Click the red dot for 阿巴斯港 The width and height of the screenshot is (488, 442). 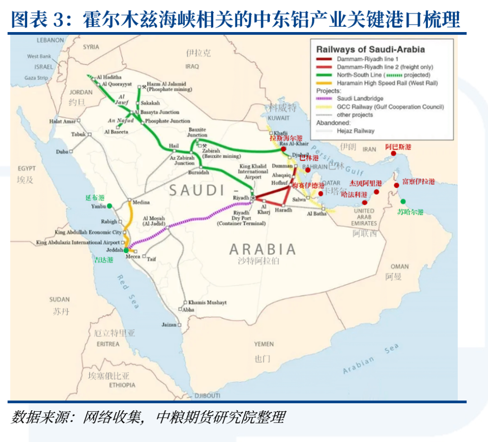(393, 154)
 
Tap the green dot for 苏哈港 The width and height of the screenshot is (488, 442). (403, 202)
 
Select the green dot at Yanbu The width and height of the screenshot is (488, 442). (109, 206)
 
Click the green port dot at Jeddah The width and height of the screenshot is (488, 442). (126, 250)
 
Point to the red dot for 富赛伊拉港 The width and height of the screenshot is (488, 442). (396, 185)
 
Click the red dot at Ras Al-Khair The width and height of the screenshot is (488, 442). (283, 149)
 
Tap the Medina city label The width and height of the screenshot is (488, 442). (141, 202)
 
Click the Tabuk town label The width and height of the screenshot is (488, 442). (78, 134)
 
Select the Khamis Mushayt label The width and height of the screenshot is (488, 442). (207, 302)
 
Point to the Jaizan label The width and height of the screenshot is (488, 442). (169, 324)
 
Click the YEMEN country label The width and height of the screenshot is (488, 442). (263, 344)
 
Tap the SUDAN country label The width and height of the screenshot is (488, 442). (59, 299)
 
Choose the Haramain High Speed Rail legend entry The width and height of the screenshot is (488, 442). (387, 83)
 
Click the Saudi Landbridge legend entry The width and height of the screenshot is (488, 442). (360, 99)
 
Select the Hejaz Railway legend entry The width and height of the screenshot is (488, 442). (355, 131)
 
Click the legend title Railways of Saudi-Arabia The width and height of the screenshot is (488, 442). (371, 50)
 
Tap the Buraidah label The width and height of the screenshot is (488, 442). (199, 172)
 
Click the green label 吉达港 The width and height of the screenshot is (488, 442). (103, 259)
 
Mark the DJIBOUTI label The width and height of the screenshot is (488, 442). (207, 395)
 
